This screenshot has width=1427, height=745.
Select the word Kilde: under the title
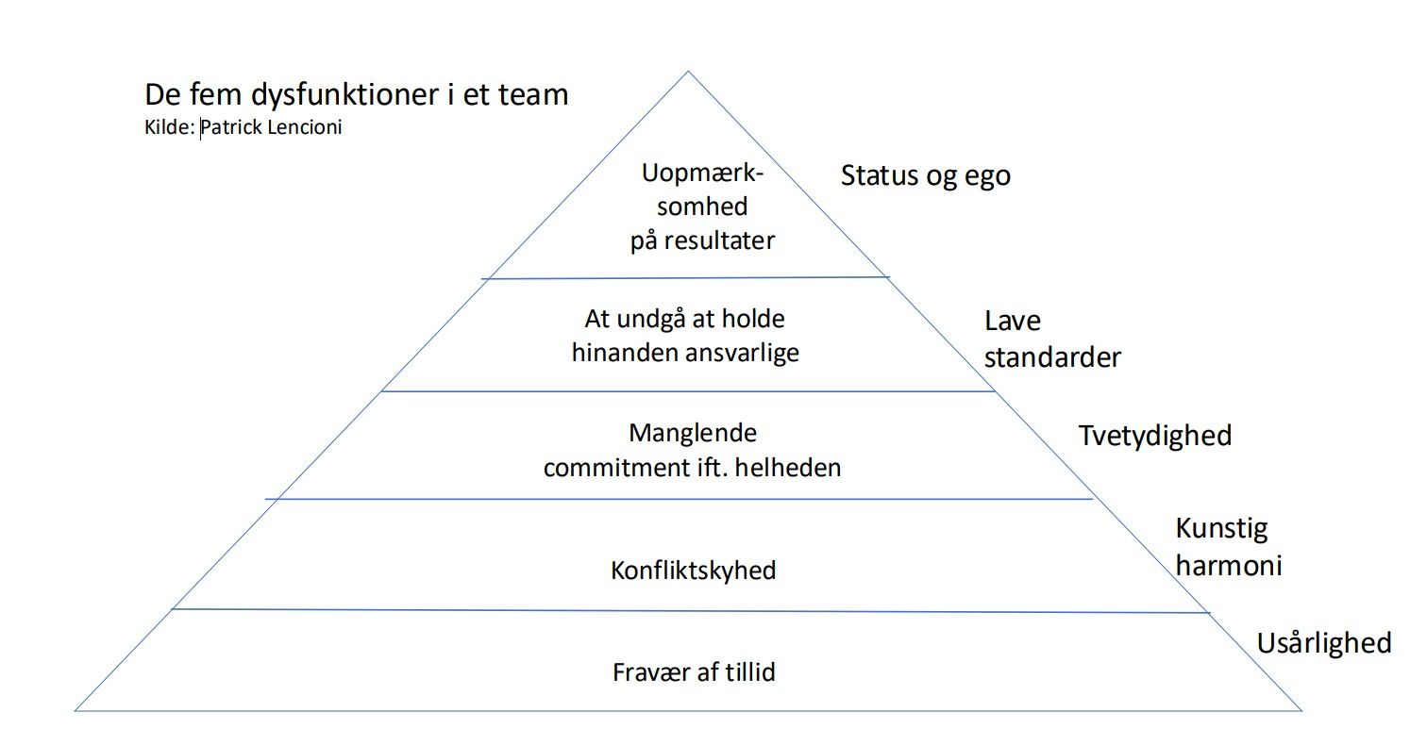coord(170,126)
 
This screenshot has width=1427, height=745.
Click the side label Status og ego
coord(926,175)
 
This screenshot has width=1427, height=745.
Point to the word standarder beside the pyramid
coord(1052,357)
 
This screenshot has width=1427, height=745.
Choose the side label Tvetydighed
coord(1155,437)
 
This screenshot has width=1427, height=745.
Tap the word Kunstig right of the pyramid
coord(1221,529)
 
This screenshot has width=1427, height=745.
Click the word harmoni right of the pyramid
coord(1228,566)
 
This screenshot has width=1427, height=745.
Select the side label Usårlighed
coord(1324,644)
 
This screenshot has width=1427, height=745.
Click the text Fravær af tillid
coord(694,672)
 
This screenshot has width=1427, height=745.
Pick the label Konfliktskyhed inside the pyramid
coord(693,571)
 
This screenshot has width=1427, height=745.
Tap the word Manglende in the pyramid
coord(693,434)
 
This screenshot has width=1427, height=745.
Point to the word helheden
coord(787,468)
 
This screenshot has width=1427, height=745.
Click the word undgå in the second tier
coord(651,320)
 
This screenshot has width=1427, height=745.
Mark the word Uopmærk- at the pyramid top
coord(703,174)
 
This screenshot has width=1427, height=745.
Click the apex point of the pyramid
coord(688,72)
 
